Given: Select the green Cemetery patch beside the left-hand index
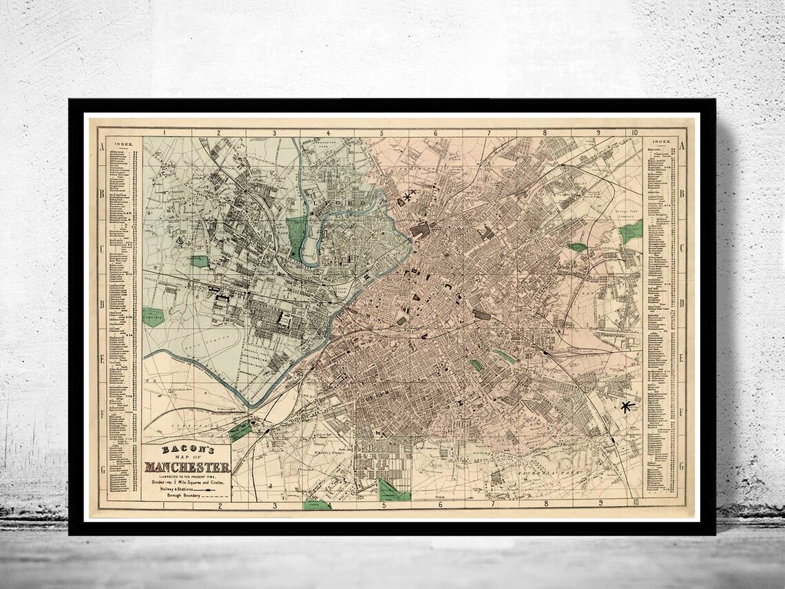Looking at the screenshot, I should coord(154,317).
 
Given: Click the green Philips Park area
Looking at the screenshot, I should coord(630,233).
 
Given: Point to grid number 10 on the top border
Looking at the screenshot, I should coord(634,132).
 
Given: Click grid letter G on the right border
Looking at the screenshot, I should coord(682,466).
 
